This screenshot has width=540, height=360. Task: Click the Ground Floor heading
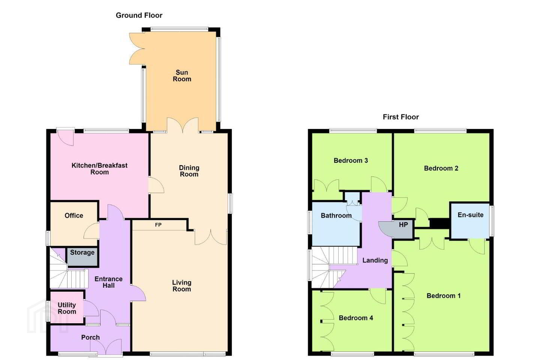(x=139, y=15)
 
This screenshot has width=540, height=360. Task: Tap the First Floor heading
(x=400, y=117)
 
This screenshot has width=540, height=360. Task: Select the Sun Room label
(x=182, y=76)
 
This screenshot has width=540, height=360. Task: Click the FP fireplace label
(x=158, y=225)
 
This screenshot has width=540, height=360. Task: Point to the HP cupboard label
(x=403, y=225)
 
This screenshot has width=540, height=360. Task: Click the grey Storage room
(x=82, y=256)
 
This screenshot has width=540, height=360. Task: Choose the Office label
(x=74, y=216)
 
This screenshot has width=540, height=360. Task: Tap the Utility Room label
(x=67, y=308)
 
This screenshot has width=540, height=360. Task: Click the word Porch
(x=90, y=337)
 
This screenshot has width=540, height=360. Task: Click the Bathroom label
(x=336, y=216)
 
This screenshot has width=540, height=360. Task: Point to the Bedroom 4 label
(x=356, y=318)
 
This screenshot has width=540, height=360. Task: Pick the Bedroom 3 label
(x=351, y=160)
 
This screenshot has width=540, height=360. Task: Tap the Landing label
(x=375, y=260)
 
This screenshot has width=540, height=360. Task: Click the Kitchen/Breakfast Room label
(x=100, y=169)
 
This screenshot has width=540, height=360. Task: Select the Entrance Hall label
(x=108, y=282)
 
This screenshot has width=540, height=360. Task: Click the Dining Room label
(x=189, y=171)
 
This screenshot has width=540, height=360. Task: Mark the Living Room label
(x=182, y=286)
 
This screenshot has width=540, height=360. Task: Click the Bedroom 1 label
(x=444, y=295)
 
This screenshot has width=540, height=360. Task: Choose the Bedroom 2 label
(x=441, y=168)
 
